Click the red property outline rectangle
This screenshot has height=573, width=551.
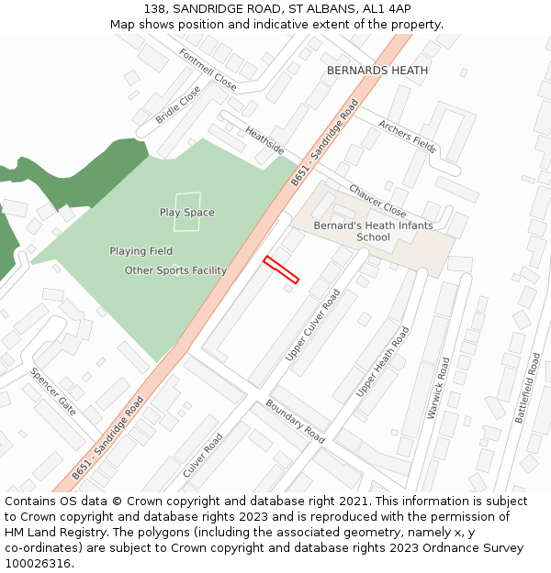pos(281,270)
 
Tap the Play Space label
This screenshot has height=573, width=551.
pos(186,213)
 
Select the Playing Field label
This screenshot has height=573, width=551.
pos(141,251)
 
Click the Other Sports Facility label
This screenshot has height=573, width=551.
pos(175,270)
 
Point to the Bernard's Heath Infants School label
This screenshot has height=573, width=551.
pos(352,231)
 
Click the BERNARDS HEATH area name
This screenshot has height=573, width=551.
pos(377,71)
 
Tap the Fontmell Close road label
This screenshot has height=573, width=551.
pos(208,70)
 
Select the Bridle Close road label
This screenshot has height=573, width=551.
pos(177,105)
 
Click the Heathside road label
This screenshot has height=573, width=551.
pos(264,140)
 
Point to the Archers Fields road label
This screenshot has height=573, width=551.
pos(407,136)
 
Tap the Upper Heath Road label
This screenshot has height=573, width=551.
pos(382,361)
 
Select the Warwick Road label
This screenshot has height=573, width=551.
pos(439,388)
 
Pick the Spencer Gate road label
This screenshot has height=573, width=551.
pos(53,392)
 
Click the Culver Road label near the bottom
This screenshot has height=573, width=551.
pos(203,456)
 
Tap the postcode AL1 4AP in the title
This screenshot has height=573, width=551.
pos(386,9)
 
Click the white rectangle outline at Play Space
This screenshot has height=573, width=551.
pos(186,212)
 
